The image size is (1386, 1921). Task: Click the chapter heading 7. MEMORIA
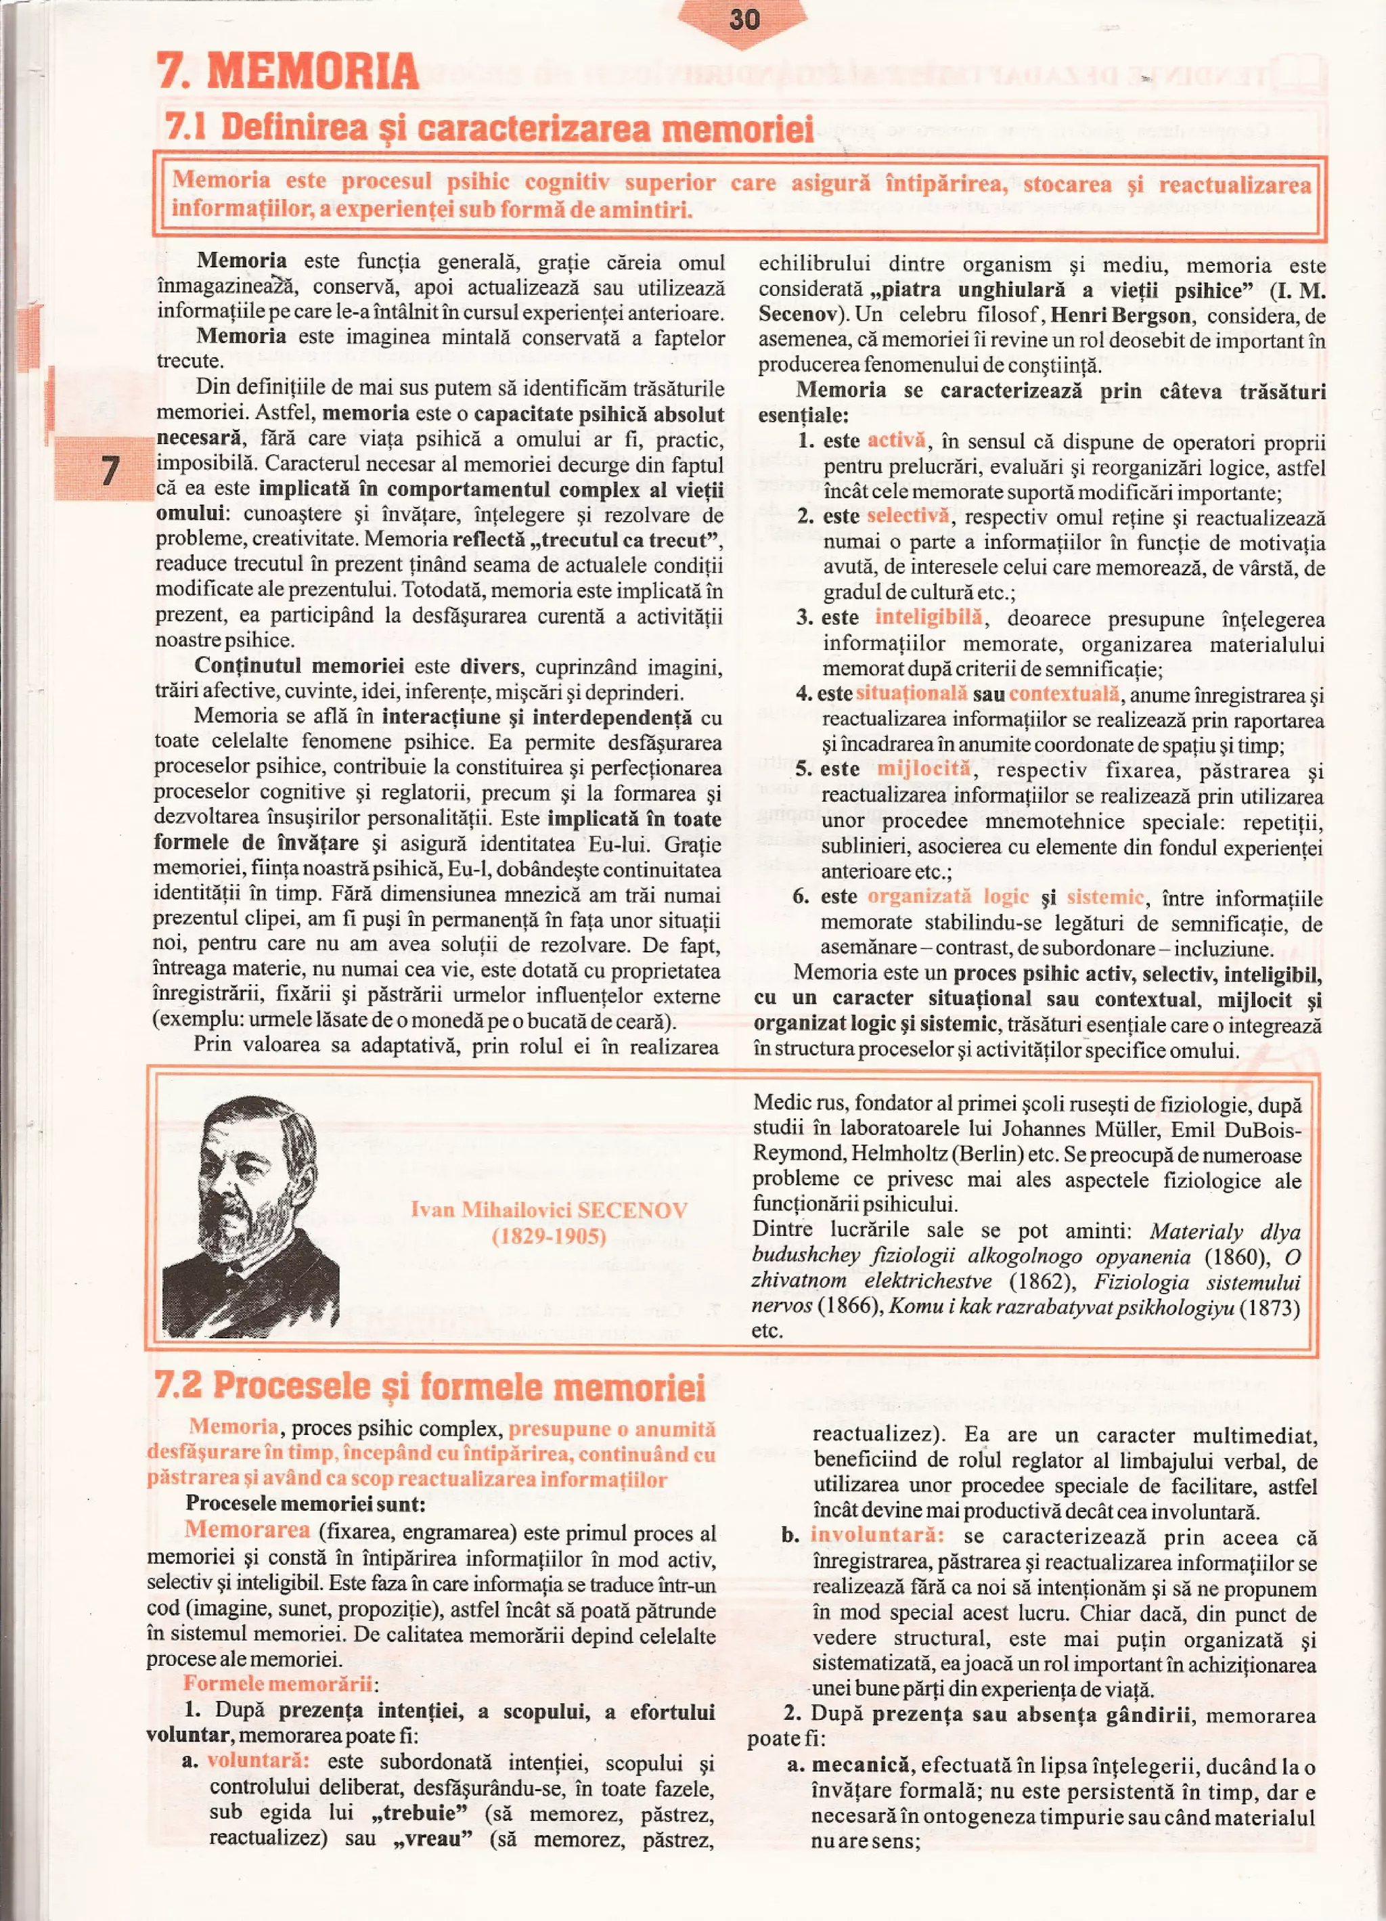click(x=288, y=70)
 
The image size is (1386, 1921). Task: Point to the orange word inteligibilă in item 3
click(x=928, y=617)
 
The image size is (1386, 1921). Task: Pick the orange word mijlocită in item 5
click(x=923, y=768)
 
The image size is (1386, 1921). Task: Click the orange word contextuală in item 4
click(x=1063, y=693)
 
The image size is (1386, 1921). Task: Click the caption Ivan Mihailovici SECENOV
click(x=549, y=1210)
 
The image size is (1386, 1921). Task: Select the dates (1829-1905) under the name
click(x=549, y=1236)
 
